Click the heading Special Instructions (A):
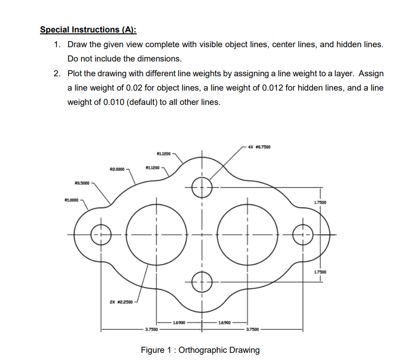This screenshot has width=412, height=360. point(88,30)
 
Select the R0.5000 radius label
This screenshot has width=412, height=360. point(82,183)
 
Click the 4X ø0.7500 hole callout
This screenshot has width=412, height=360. point(259,146)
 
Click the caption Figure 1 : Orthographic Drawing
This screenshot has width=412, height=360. point(200,350)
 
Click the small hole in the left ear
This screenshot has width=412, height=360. point(100,234)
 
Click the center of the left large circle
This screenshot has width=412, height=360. point(156,234)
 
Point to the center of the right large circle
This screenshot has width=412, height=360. point(247,234)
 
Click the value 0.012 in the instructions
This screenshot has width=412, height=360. point(272,88)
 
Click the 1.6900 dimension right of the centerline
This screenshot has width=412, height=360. point(224,323)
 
